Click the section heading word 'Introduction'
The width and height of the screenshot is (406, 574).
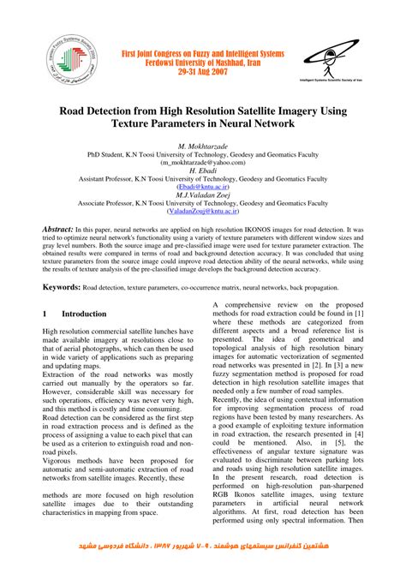84,314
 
